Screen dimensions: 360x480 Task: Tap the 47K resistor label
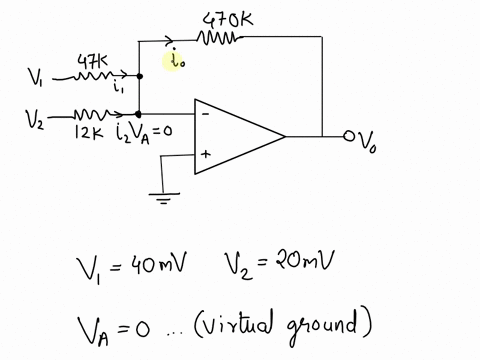(94, 62)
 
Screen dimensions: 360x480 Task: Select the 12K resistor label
(92, 130)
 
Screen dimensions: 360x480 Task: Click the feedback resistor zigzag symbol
(219, 39)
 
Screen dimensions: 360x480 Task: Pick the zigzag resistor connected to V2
(92, 113)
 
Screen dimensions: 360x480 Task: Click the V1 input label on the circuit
(36, 76)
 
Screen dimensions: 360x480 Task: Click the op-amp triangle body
(235, 136)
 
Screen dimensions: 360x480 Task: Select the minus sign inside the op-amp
(206, 114)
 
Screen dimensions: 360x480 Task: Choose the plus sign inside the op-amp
(206, 155)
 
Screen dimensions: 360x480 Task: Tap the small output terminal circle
(349, 136)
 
